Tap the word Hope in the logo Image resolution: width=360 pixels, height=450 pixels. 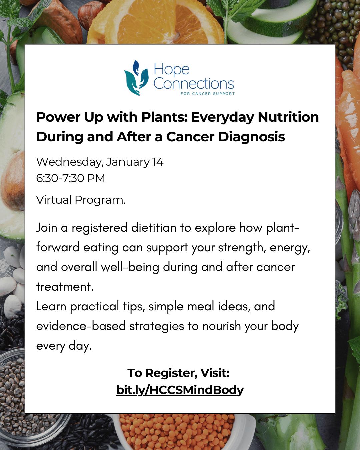point(171,69)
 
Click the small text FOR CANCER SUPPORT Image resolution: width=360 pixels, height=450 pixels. point(207,94)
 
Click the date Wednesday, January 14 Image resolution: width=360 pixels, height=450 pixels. point(100,162)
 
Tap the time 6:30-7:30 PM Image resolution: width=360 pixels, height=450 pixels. point(70,178)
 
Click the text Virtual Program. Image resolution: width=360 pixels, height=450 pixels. point(81,200)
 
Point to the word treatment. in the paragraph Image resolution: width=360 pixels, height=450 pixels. point(65,287)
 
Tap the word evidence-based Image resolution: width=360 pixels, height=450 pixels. point(81,326)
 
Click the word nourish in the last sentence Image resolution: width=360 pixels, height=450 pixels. point(221,326)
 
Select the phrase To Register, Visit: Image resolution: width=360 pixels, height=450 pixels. point(178,373)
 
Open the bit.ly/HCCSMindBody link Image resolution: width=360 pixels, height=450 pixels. point(180,390)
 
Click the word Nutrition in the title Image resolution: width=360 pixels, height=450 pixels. point(288,117)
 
